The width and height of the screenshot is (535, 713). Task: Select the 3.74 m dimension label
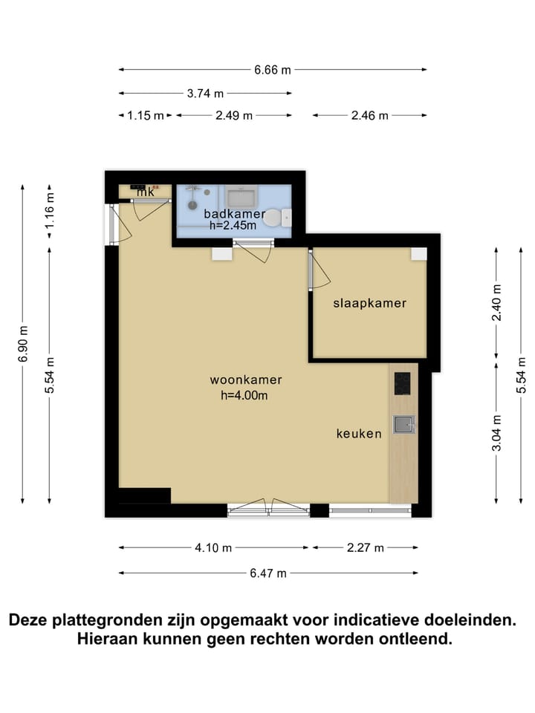pyautogui.click(x=205, y=94)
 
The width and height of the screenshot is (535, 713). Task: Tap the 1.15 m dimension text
pyautogui.click(x=145, y=115)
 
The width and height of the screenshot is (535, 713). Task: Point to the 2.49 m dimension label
pyautogui.click(x=234, y=115)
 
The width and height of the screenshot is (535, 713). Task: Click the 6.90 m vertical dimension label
pyautogui.click(x=24, y=344)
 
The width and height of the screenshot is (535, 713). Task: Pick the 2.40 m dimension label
pyautogui.click(x=497, y=302)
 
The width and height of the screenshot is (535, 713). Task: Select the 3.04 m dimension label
pyautogui.click(x=497, y=432)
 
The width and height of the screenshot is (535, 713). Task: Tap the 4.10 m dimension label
pyautogui.click(x=214, y=548)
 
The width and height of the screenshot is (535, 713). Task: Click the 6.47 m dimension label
pyautogui.click(x=268, y=573)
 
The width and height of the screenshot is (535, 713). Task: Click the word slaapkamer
pyautogui.click(x=369, y=303)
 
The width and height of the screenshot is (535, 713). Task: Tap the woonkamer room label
pyautogui.click(x=245, y=380)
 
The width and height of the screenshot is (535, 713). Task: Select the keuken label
pyautogui.click(x=358, y=434)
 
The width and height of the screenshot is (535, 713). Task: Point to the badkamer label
pyautogui.click(x=234, y=214)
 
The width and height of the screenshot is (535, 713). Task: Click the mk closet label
pyautogui.click(x=145, y=192)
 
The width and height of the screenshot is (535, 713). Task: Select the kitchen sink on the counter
pyautogui.click(x=403, y=424)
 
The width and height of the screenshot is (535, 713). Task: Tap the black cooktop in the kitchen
pyautogui.click(x=402, y=384)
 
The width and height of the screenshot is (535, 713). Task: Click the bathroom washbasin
pyautogui.click(x=241, y=197)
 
